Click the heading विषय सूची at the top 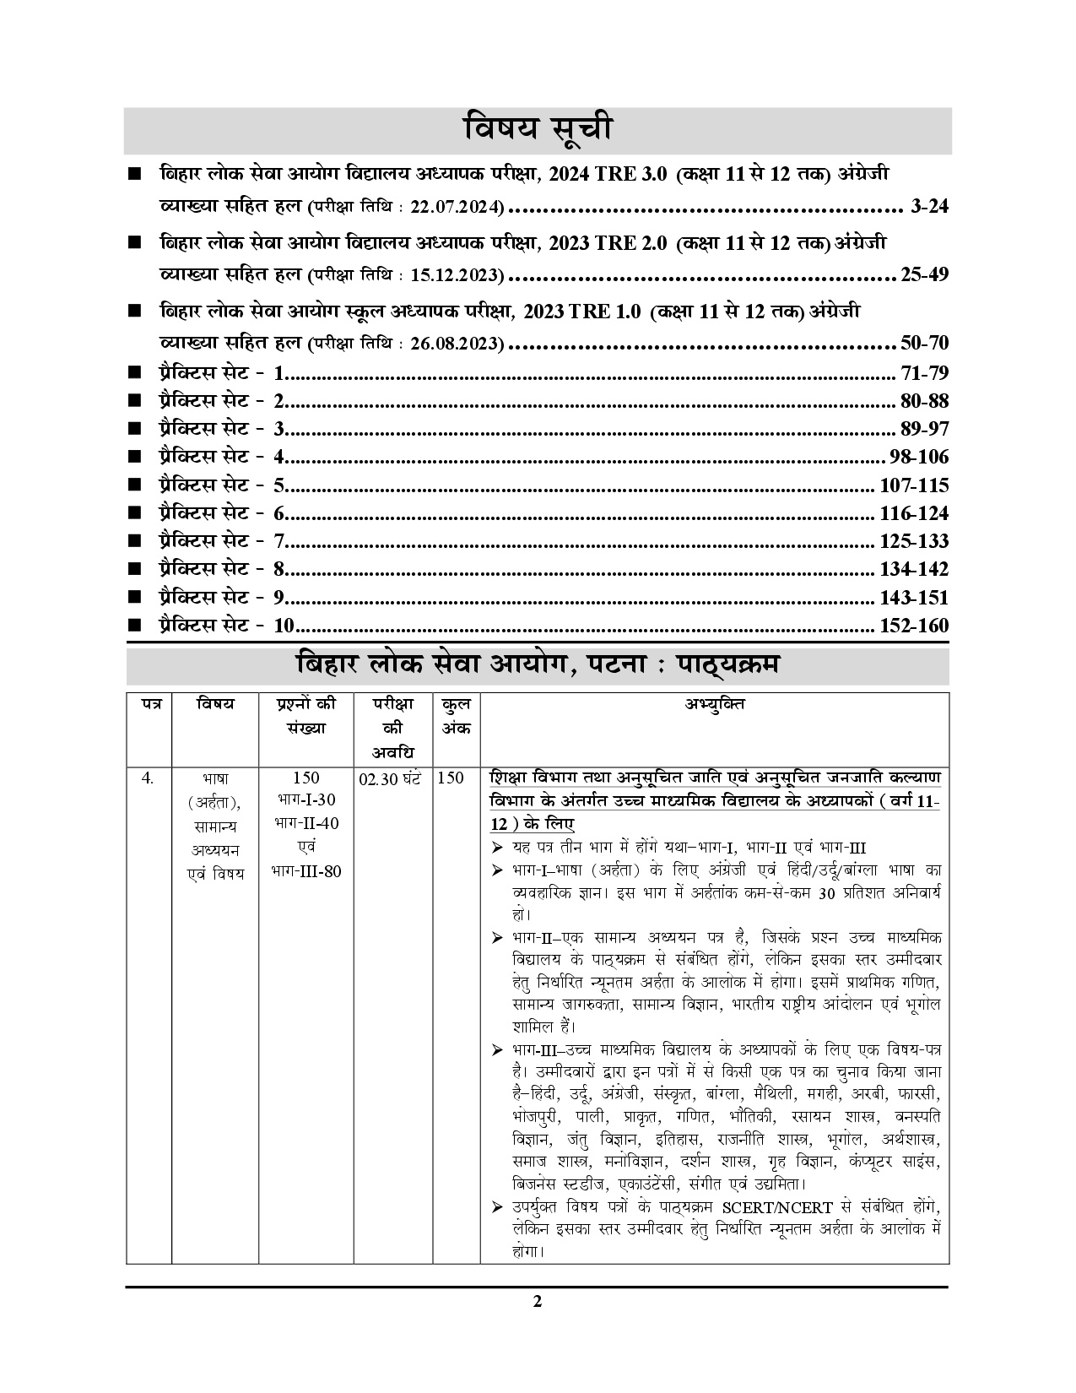point(538,130)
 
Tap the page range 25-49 point(924,274)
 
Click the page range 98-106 point(919,458)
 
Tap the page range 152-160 point(913,626)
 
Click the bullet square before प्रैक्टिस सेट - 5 point(135,485)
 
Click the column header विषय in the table point(215,704)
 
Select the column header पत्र point(149,704)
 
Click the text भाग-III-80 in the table point(306,870)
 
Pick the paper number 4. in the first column point(148,778)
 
